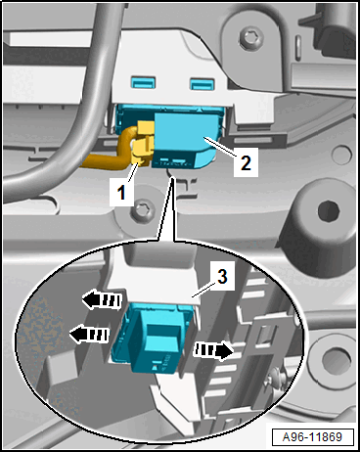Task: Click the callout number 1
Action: coord(121,192)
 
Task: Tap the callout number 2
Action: coord(246,162)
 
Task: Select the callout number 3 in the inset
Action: coord(222,276)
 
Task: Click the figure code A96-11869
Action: coord(312,436)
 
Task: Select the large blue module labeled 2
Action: coord(183,139)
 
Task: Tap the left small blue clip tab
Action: coord(143,82)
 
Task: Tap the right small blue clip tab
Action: coord(202,83)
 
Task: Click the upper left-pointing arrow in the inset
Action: coord(102,298)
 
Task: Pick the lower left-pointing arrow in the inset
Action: coord(89,335)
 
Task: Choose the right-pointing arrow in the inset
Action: coord(213,350)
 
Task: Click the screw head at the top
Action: coord(251,37)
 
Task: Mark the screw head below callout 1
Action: coord(143,210)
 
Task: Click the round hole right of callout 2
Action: coord(341,155)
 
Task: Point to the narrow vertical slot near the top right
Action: coord(297,44)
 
